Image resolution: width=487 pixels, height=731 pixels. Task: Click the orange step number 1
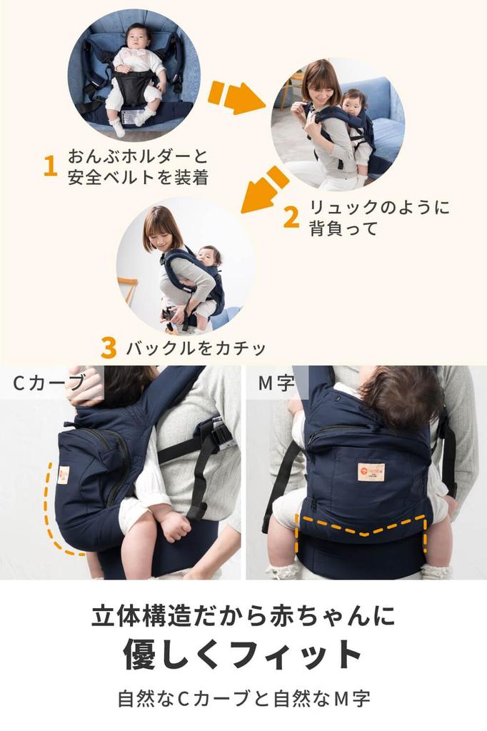click(x=50, y=166)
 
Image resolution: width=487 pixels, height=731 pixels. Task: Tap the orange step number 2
click(x=291, y=217)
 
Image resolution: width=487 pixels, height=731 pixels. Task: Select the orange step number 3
click(x=109, y=348)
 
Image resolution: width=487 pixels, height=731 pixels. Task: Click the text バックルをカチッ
click(x=196, y=348)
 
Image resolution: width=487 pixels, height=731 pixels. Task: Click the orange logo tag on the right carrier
click(x=371, y=471)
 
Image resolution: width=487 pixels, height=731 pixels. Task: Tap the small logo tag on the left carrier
click(x=64, y=474)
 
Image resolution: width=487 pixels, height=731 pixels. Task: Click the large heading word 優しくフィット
click(x=243, y=654)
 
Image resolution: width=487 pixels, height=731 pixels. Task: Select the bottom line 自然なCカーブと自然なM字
click(x=243, y=698)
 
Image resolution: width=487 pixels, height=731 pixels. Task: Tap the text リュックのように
click(x=379, y=208)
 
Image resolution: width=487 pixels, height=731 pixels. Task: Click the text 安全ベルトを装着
click(x=139, y=176)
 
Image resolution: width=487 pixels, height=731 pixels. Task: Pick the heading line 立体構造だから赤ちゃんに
click(x=243, y=615)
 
